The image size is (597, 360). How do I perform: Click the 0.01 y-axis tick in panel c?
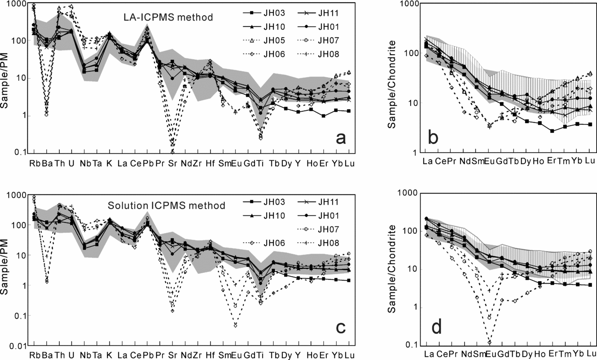[x=17, y=346]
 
